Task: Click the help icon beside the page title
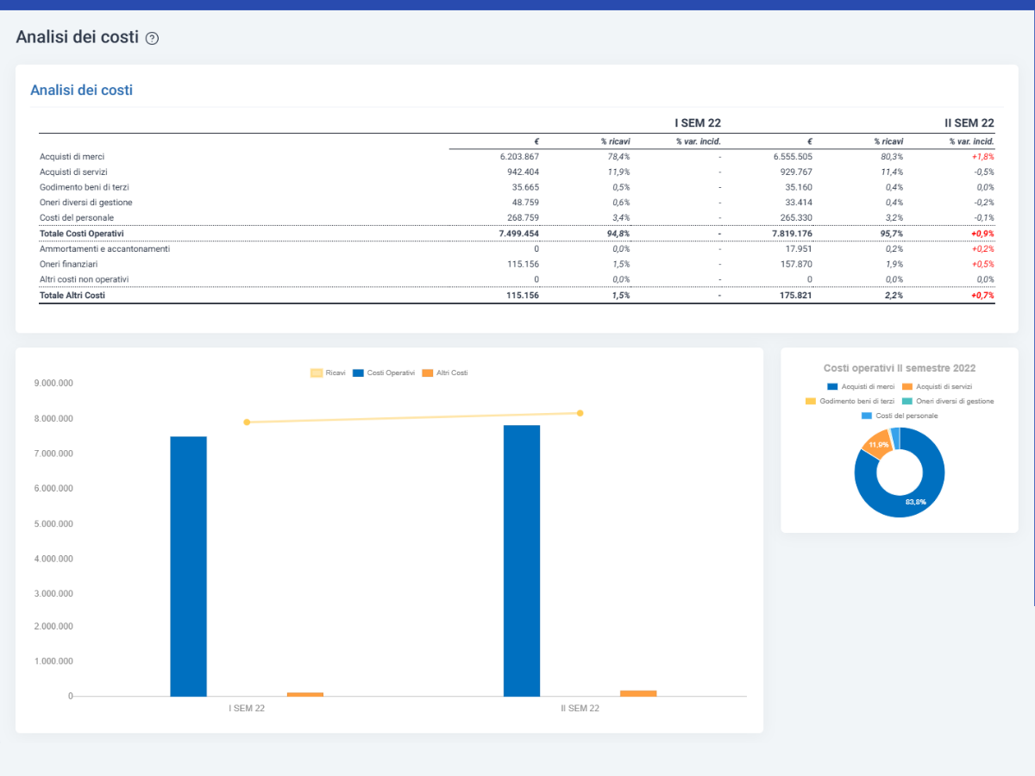(152, 38)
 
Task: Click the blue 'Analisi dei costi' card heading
(82, 90)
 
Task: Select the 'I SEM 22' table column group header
(698, 123)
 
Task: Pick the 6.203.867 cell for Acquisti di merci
(519, 156)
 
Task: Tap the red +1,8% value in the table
(982, 156)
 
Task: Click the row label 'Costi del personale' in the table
(77, 217)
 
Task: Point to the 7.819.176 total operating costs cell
(792, 233)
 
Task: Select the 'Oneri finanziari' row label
(68, 264)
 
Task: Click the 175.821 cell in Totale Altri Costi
(795, 296)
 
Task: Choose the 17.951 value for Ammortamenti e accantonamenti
(799, 249)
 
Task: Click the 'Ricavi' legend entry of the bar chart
(329, 372)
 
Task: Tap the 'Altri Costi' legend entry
(445, 372)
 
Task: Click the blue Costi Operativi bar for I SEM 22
(189, 566)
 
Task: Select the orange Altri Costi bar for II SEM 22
(638, 693)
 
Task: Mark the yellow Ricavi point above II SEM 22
(580, 413)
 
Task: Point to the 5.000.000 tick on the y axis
(53, 523)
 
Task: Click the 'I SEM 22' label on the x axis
(247, 708)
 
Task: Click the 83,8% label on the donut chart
(916, 502)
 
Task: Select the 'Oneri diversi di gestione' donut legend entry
(948, 401)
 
